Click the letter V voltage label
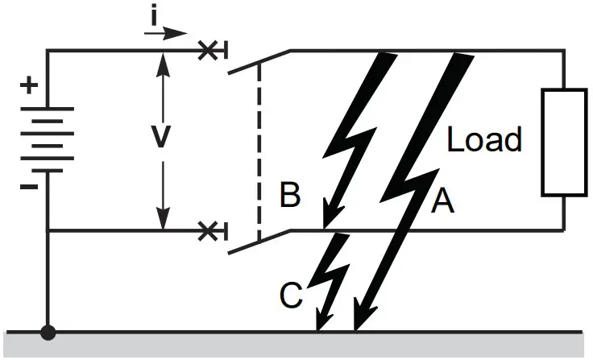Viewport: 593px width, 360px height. (x=163, y=138)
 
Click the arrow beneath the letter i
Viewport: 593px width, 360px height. (x=166, y=34)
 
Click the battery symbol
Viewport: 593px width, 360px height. (x=48, y=139)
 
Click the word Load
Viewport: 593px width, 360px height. (x=484, y=140)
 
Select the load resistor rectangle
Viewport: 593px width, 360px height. (x=563, y=142)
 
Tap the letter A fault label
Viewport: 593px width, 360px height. (x=442, y=202)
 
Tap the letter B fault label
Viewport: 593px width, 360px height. (x=290, y=197)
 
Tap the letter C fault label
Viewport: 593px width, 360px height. (x=290, y=296)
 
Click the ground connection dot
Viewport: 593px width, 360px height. (x=48, y=332)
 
